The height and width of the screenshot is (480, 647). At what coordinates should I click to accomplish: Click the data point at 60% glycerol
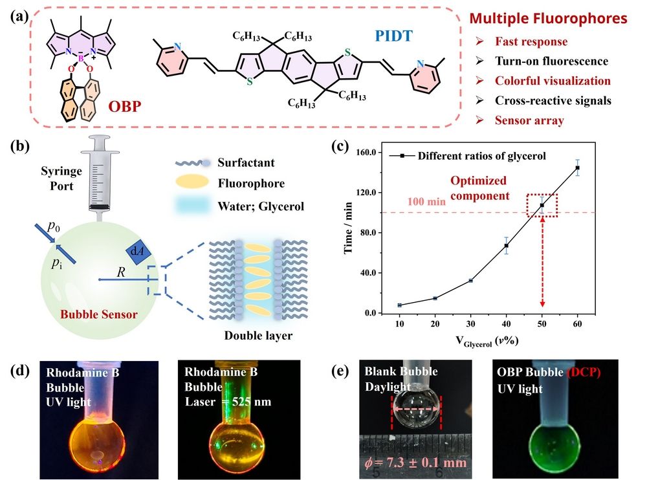coord(577,168)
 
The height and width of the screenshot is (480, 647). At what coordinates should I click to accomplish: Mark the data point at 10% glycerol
coord(400,305)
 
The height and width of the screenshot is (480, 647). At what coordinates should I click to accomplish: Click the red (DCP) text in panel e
coord(586,371)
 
